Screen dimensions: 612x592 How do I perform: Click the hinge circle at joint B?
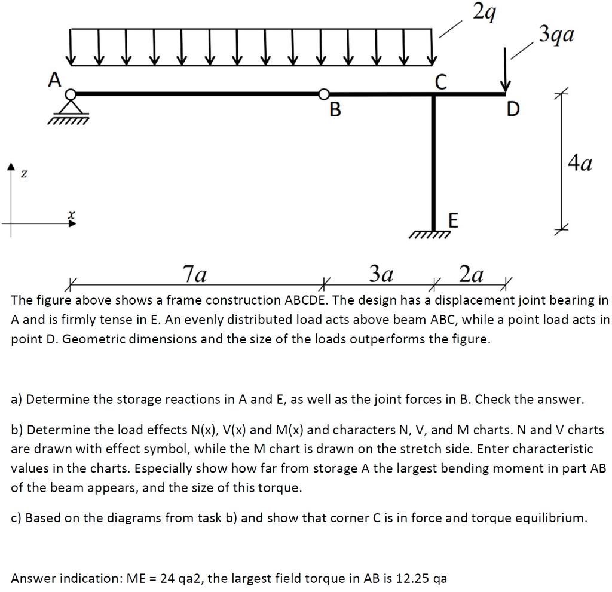click(x=323, y=94)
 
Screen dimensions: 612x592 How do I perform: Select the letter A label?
click(x=55, y=79)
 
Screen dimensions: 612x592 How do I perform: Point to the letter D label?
click(x=513, y=110)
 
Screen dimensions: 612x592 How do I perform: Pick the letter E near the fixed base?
click(x=453, y=222)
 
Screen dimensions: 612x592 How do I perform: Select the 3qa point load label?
click(x=556, y=33)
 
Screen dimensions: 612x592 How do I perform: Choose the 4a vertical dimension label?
click(x=580, y=162)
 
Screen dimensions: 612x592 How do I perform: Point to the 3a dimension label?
click(x=381, y=274)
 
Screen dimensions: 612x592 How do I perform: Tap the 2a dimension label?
click(x=471, y=274)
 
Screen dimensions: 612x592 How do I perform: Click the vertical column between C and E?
click(x=434, y=161)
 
